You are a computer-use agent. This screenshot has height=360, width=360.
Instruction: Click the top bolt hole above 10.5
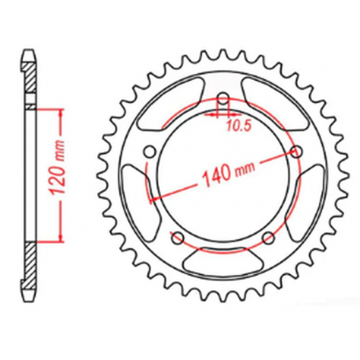tap(222, 99)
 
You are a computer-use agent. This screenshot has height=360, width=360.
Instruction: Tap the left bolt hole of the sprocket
tap(149, 152)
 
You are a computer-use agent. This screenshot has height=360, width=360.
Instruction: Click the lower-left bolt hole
tap(178, 238)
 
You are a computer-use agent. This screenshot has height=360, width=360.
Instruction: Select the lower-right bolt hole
tap(268, 237)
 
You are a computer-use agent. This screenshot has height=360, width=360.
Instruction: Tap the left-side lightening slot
tap(135, 197)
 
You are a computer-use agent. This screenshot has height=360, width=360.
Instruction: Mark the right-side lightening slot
tap(310, 197)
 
